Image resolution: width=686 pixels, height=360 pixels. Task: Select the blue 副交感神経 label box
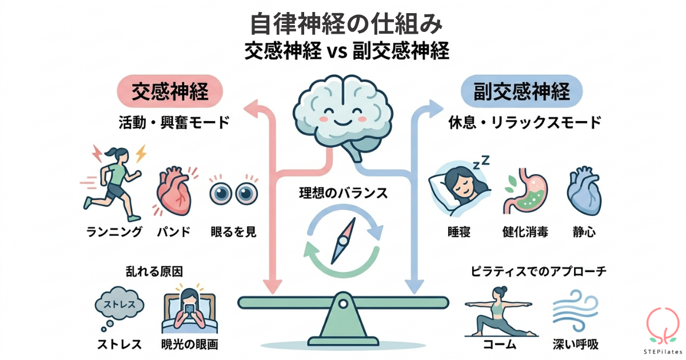(x=521, y=91)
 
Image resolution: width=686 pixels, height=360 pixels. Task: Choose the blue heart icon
(x=583, y=192)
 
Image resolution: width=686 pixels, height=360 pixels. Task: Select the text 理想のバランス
(x=343, y=193)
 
